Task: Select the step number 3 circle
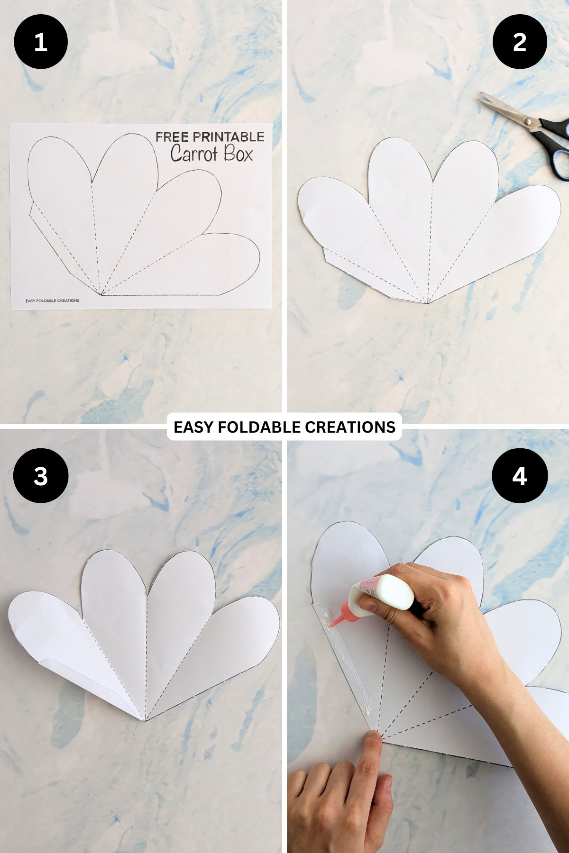click(x=41, y=476)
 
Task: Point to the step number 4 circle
click(x=520, y=476)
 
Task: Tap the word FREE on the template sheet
click(x=172, y=137)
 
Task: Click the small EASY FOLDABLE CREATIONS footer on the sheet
click(x=52, y=300)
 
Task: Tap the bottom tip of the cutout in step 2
click(x=428, y=302)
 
